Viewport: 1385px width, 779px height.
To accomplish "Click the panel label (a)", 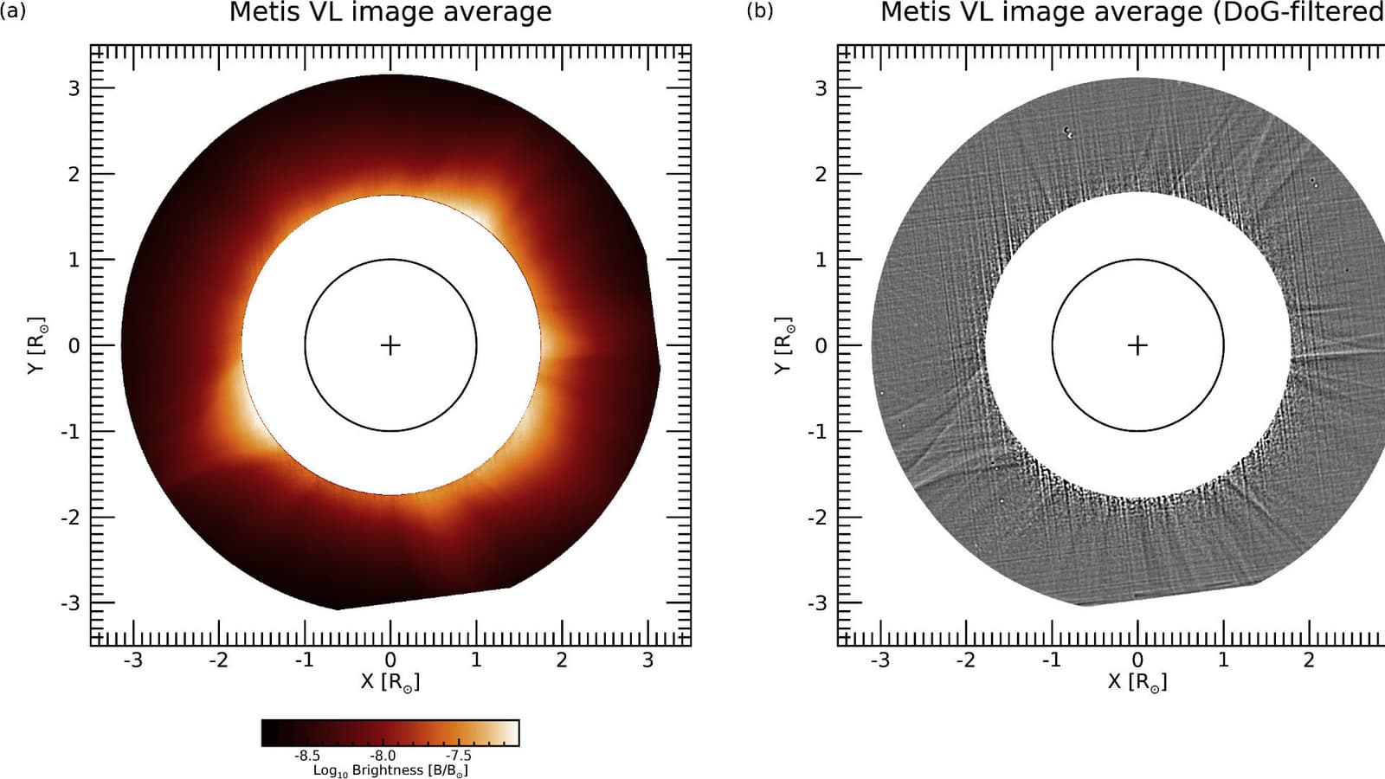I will click(x=14, y=11).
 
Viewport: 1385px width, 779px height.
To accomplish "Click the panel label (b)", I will click(x=760, y=11).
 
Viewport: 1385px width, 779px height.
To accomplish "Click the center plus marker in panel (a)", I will click(x=390, y=345).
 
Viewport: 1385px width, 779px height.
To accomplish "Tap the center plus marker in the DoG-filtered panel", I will click(x=1137, y=345).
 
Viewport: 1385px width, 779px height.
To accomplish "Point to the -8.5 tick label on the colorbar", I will click(x=307, y=756).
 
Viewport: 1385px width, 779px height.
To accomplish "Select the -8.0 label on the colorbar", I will click(x=383, y=756).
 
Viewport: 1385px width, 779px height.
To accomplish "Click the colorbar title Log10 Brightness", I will click(x=390, y=770).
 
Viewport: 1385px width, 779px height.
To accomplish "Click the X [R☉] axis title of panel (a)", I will click(x=390, y=682).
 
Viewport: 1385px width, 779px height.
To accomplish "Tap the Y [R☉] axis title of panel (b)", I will click(x=783, y=345).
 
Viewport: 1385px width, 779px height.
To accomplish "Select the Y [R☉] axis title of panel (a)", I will click(x=36, y=345).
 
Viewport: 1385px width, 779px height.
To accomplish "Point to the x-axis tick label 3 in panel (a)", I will click(x=647, y=660).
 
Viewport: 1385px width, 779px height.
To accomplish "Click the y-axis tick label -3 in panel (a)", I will click(x=70, y=603).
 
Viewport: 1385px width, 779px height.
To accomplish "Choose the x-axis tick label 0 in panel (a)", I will click(x=390, y=660).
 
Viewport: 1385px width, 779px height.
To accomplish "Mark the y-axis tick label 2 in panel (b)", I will click(x=821, y=174).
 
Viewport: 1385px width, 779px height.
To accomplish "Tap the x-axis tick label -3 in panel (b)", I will click(x=879, y=660).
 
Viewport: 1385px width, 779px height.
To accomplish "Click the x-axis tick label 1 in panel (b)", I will click(x=1223, y=660).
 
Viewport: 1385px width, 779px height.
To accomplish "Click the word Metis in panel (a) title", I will click(x=262, y=13).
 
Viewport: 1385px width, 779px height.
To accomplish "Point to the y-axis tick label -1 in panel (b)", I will click(x=817, y=431).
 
